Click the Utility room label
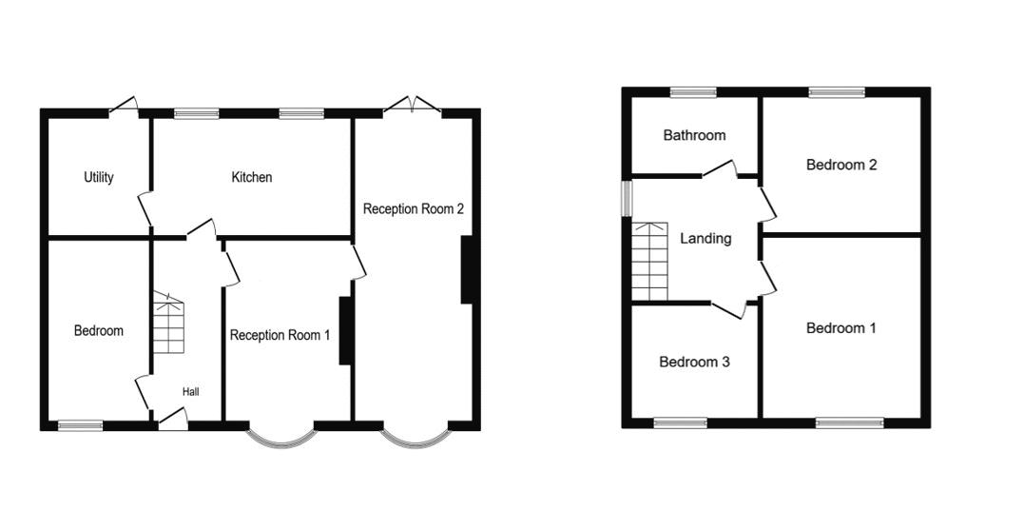(99, 177)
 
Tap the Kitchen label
(252, 177)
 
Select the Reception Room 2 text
(414, 209)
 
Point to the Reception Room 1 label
(280, 335)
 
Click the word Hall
(191, 392)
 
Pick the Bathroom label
(694, 135)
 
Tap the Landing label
(705, 239)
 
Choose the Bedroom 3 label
(694, 362)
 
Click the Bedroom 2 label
(841, 165)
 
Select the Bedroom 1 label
(841, 328)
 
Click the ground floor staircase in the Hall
(168, 324)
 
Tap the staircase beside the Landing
(649, 262)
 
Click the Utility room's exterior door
(125, 106)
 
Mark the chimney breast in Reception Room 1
(345, 330)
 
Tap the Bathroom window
(693, 92)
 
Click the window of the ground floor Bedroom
(80, 426)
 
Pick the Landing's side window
(627, 199)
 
